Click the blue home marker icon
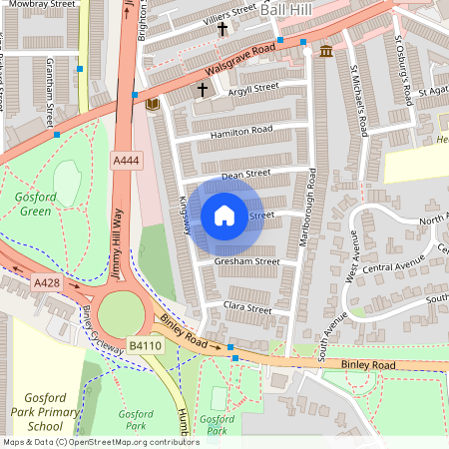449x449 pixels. point(224,216)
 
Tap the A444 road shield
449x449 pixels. point(126,161)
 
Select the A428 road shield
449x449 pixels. point(46,283)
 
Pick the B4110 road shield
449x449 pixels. point(145,345)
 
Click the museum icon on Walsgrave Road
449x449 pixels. point(326,51)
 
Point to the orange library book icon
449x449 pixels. point(152,104)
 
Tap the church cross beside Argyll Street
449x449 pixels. point(202,90)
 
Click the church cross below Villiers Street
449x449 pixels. point(222,29)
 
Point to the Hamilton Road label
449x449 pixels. point(240,132)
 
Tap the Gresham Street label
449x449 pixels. point(246,261)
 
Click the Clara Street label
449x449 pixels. point(247,309)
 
